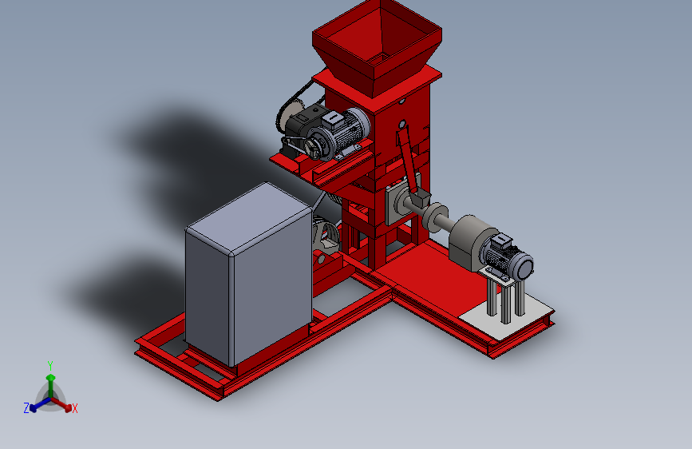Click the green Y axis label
pos(49,365)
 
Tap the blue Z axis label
pos(26,408)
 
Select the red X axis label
pos(74,408)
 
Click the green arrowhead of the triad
pos(51,377)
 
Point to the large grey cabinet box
pos(249,274)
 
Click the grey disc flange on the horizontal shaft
pos(434,217)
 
